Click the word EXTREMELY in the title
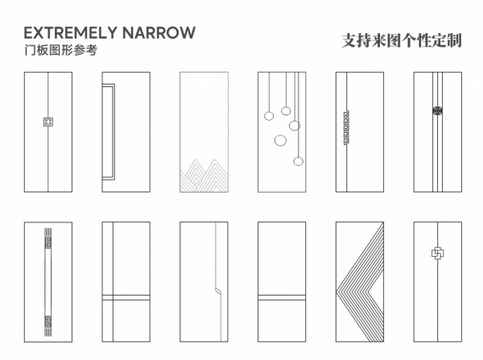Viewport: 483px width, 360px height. [69, 33]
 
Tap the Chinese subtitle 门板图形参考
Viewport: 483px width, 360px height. [60, 51]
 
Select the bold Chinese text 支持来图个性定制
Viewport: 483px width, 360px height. [402, 40]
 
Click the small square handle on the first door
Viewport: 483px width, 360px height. [47, 122]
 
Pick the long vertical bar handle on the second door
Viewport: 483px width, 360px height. [108, 130]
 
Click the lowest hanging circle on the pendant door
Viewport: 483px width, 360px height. [298, 161]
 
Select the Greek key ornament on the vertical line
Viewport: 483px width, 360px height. [346, 127]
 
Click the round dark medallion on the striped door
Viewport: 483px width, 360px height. [438, 111]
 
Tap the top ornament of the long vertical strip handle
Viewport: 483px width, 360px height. [48, 239]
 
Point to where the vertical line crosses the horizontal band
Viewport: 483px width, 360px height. [113, 297]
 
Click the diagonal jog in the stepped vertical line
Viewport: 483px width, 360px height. [217, 288]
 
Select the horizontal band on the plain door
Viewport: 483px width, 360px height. [281, 297]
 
